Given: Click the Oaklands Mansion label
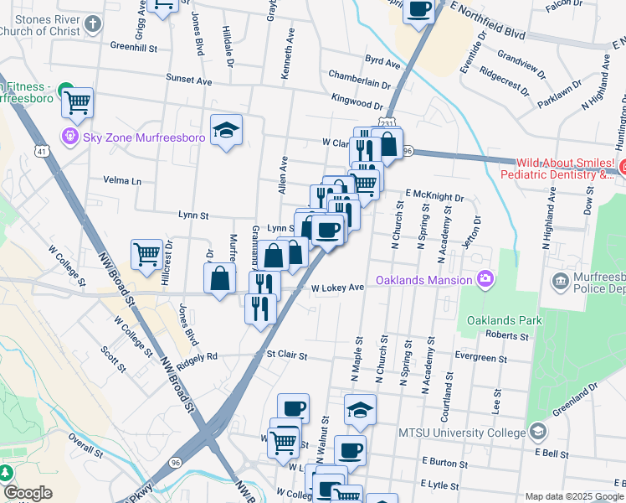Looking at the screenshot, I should (424, 279).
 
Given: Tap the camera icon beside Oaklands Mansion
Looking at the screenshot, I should (485, 278).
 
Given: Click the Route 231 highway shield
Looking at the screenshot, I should (386, 123).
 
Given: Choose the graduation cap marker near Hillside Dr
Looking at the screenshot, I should (226, 130).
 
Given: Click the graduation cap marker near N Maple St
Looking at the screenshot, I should (360, 410).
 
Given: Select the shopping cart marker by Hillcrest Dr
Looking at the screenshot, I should (146, 254).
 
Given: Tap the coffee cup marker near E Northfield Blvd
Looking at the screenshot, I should (418, 10).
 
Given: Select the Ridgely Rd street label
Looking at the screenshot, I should (197, 356).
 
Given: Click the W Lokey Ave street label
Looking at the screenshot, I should (338, 288).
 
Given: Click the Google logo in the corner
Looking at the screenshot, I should (28, 493).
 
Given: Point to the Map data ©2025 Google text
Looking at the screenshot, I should (573, 496).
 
